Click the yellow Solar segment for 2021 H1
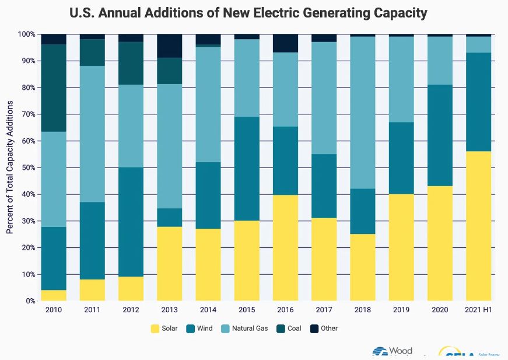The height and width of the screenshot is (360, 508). (x=478, y=226)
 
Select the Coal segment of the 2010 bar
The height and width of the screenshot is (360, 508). (x=53, y=88)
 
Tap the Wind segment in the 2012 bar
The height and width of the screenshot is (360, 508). (x=131, y=222)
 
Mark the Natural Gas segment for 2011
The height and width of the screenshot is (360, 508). (x=92, y=134)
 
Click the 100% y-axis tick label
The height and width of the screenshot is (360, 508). (x=26, y=34)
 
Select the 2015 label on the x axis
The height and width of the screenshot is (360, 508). (x=247, y=310)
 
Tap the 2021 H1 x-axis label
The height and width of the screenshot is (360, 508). (x=478, y=310)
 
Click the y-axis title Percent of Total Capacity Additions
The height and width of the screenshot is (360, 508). (x=10, y=167)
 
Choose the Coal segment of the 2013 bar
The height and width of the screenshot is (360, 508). (x=169, y=71)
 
